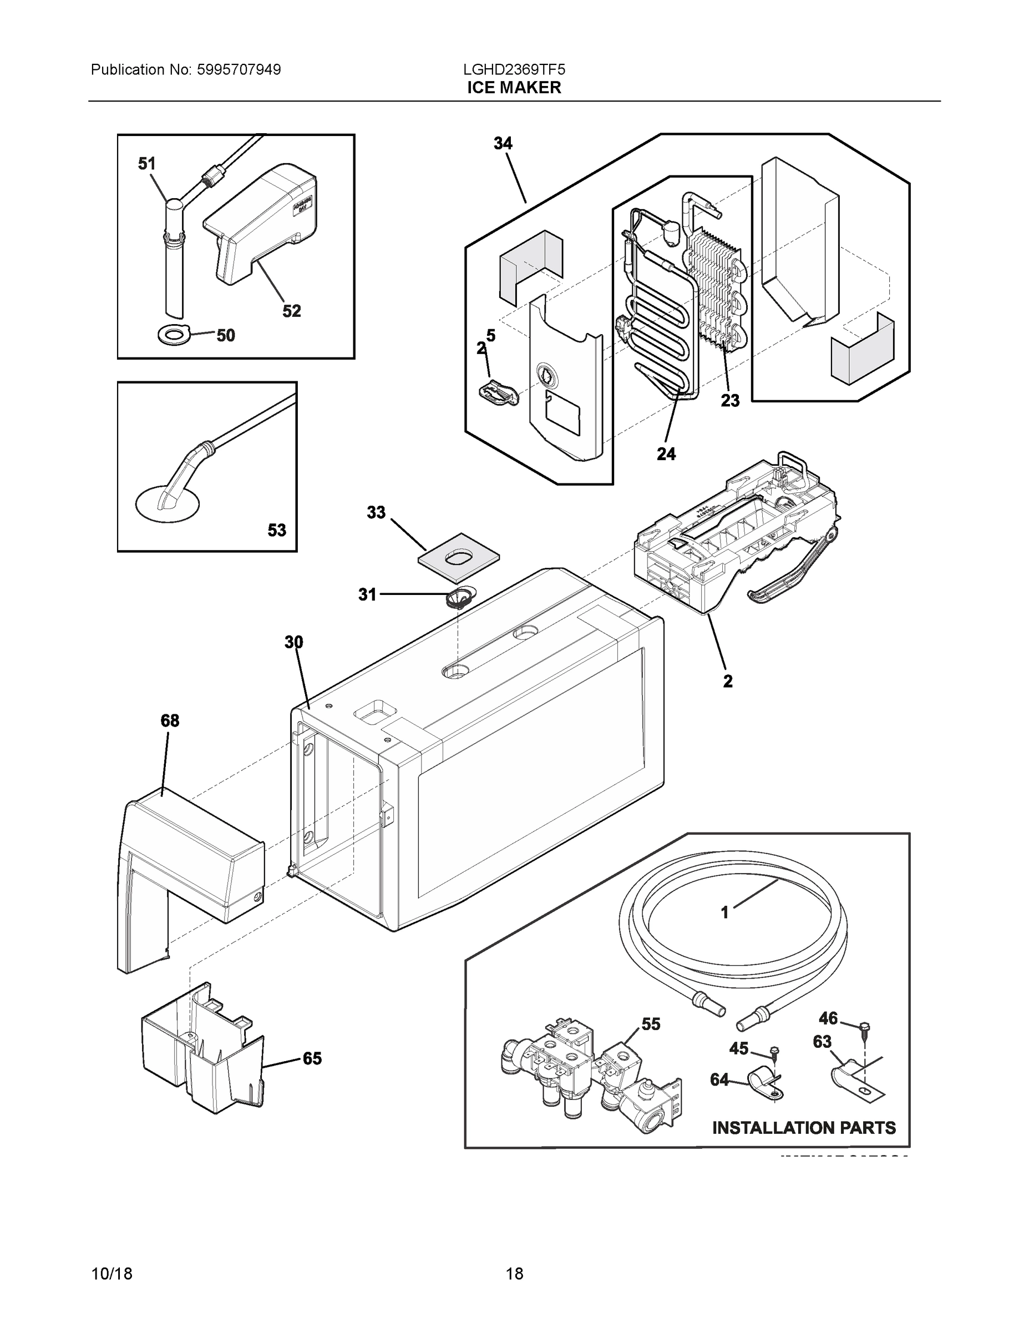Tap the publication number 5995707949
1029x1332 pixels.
[x=239, y=69]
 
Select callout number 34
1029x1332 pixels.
[x=503, y=143]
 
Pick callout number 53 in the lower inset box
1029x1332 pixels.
[x=277, y=530]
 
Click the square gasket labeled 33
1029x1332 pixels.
[x=459, y=557]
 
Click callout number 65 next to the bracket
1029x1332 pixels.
[x=312, y=1058]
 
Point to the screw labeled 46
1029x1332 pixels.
[x=864, y=1028]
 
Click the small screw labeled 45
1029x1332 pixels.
[x=774, y=1051]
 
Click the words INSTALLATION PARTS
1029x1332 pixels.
[x=804, y=1128]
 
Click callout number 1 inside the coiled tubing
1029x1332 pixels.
[x=725, y=930]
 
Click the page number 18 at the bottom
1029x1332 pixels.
[x=515, y=1274]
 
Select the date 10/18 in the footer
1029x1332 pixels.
[x=111, y=1274]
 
